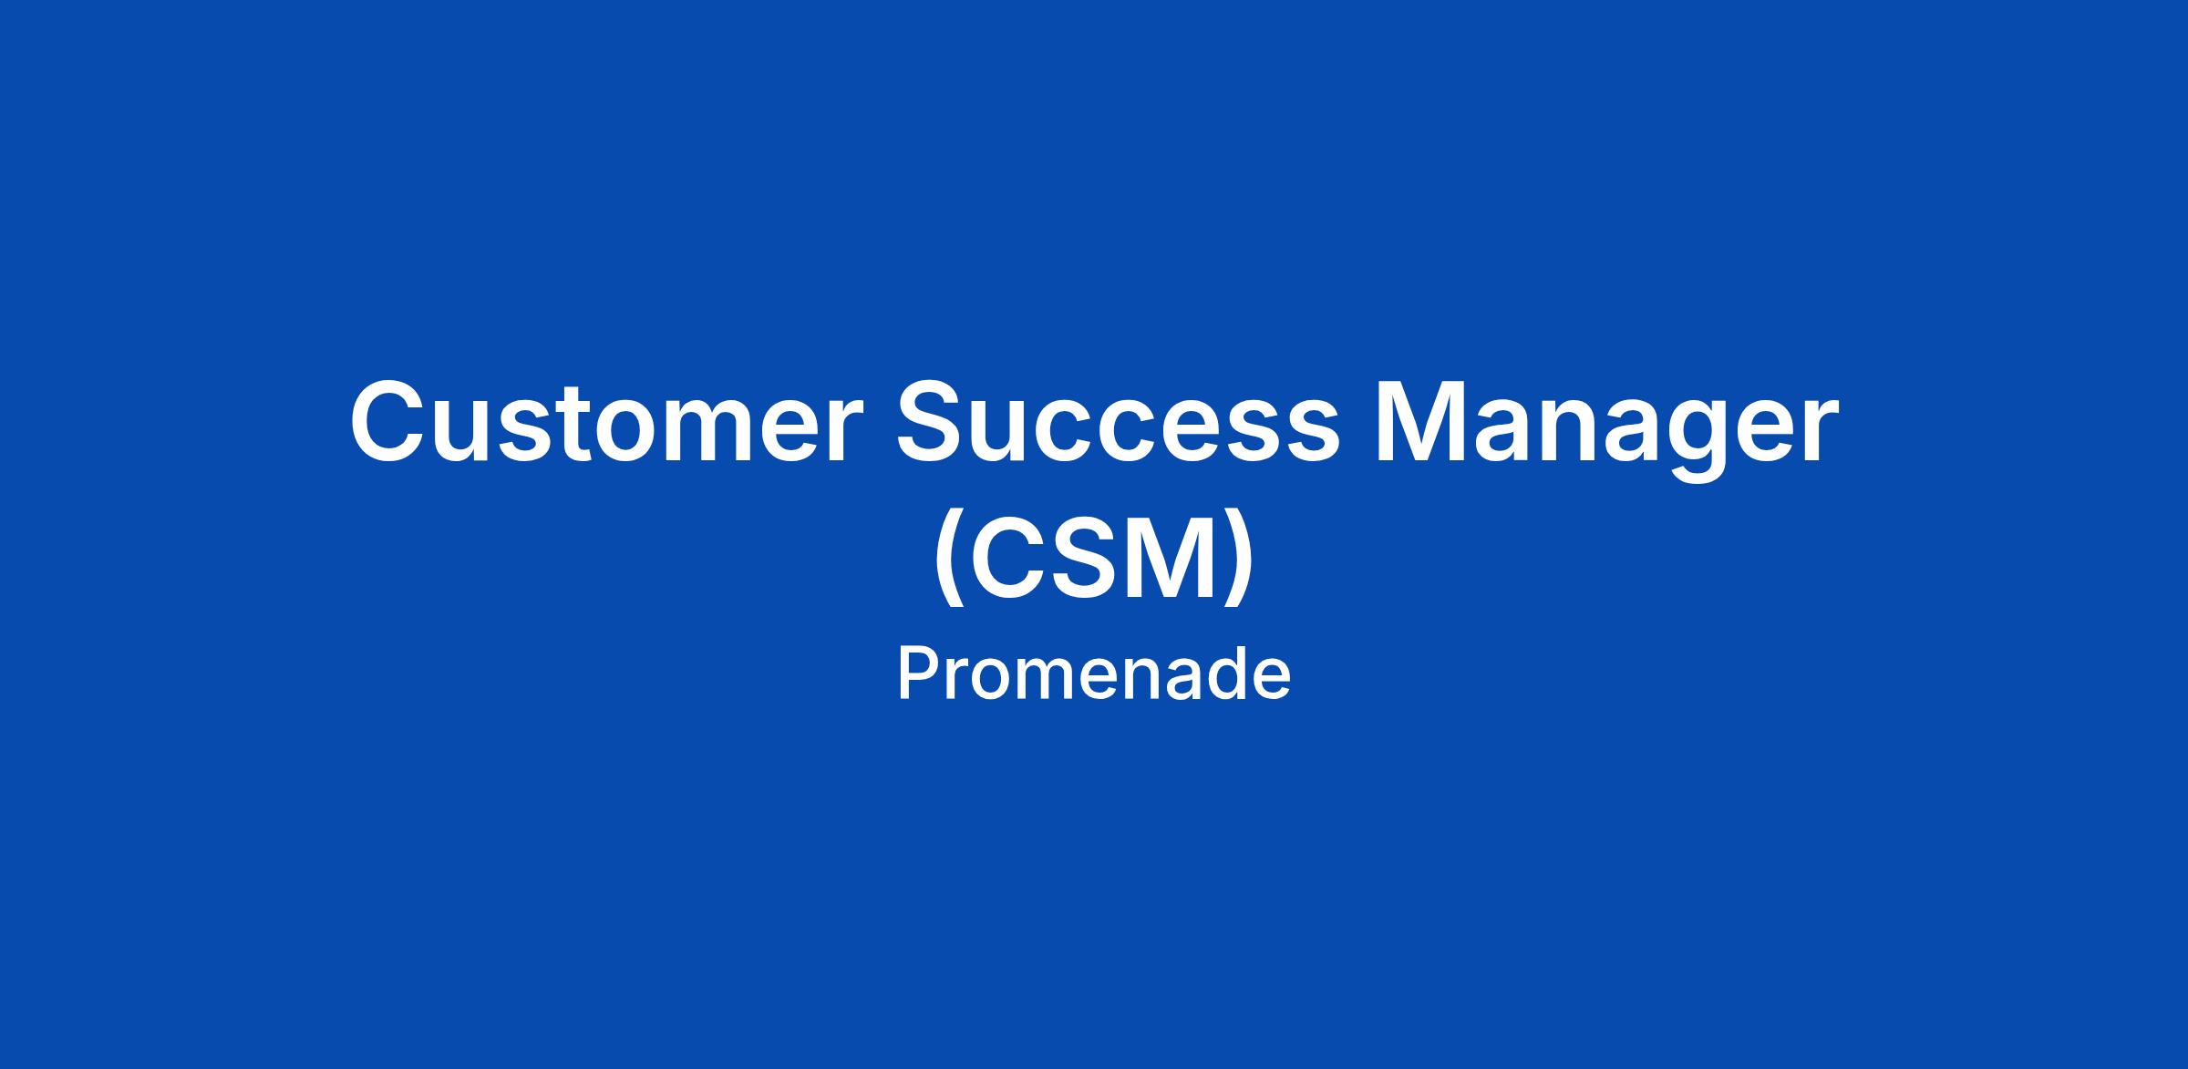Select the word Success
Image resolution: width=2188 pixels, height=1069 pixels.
click(1120, 420)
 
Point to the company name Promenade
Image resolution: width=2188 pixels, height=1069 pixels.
click(1094, 674)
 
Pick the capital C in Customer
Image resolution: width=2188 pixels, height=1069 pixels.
click(390, 420)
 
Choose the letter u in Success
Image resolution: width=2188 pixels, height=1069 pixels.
click(1007, 432)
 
